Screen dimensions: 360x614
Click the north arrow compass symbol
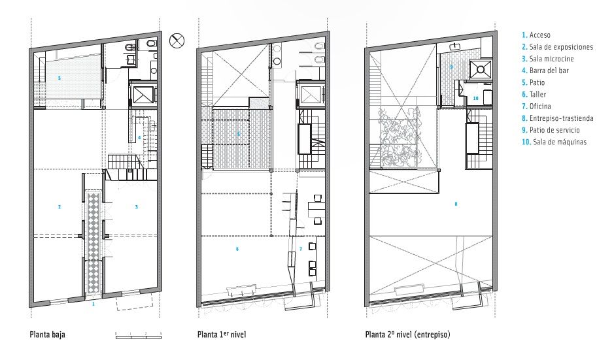point(176,41)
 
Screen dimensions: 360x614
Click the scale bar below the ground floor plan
point(138,336)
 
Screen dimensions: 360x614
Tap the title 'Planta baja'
point(47,335)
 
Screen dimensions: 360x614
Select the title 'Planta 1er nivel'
point(221,335)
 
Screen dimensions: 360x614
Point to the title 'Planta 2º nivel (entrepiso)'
point(407,335)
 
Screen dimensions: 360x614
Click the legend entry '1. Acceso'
point(536,35)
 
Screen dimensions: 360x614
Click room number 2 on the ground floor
point(60,207)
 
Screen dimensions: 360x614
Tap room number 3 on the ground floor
point(136,207)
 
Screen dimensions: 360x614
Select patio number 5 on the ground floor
point(60,78)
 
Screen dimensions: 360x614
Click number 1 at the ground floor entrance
point(94,304)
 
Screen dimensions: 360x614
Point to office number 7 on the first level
point(301,249)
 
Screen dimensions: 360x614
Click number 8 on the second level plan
point(456,204)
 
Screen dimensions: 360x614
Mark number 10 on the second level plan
point(475,98)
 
